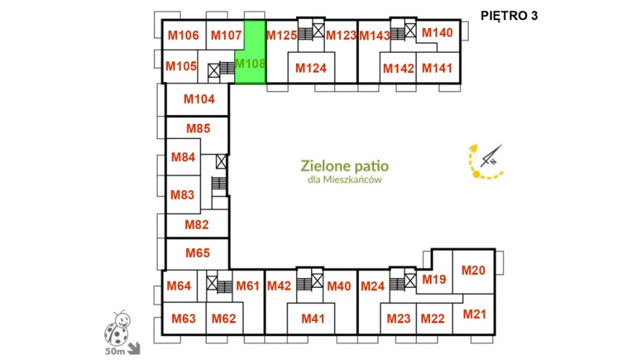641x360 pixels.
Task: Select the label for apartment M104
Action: pyautogui.click(x=199, y=99)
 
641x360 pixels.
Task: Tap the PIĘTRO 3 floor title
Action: pyautogui.click(x=509, y=16)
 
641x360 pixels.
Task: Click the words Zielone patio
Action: pyautogui.click(x=344, y=166)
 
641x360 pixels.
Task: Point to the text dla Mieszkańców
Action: pyautogui.click(x=344, y=180)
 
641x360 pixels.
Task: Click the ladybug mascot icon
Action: pyautogui.click(x=117, y=328)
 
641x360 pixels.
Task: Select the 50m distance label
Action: pyautogui.click(x=115, y=351)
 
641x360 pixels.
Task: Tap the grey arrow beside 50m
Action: pyautogui.click(x=134, y=348)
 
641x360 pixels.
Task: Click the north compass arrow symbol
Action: pyautogui.click(x=491, y=156)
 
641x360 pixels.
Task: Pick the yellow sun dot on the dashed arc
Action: pyautogui.click(x=476, y=174)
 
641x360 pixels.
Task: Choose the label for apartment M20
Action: pyautogui.click(x=473, y=270)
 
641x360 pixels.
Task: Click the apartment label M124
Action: pyautogui.click(x=310, y=68)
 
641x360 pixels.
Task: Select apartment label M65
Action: pyautogui.click(x=197, y=253)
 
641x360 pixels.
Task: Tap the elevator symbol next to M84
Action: pyautogui.click(x=221, y=161)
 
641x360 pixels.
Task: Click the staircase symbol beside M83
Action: pyautogui.click(x=219, y=183)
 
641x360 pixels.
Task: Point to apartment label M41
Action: pyautogui.click(x=313, y=318)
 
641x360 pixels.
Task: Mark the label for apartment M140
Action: pyautogui.click(x=437, y=32)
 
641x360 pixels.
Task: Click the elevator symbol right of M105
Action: pyautogui.click(x=214, y=71)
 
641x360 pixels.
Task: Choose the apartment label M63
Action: pyautogui.click(x=184, y=318)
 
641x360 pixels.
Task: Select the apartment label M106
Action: pyautogui.click(x=183, y=35)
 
